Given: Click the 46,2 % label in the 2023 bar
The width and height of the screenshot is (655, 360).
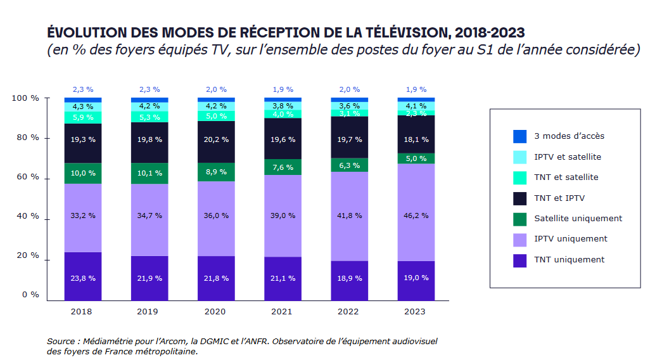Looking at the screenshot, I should [x=416, y=215].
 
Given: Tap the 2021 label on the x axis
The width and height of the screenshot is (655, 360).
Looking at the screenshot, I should [x=283, y=312].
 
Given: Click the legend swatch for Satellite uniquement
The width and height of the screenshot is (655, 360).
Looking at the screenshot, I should [x=519, y=219].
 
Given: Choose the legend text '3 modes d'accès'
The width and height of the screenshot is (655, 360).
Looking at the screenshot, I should [x=569, y=136].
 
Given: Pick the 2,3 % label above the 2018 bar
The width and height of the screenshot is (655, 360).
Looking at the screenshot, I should [x=83, y=89].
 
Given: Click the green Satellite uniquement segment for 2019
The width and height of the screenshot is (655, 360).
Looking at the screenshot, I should [x=149, y=173].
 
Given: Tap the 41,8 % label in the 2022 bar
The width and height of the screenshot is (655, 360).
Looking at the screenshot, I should [x=350, y=215].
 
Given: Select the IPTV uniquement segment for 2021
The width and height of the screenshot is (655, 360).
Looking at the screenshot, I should [x=283, y=215].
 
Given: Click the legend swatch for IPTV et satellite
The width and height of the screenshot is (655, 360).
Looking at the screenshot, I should [x=519, y=157].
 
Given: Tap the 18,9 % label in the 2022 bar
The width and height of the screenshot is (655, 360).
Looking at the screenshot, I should [x=350, y=278].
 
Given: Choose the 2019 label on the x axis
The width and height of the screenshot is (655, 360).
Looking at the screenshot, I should [x=149, y=312].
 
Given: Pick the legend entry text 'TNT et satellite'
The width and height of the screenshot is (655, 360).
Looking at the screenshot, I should [x=566, y=177].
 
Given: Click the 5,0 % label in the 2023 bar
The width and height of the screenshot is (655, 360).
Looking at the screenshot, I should [x=416, y=158].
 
